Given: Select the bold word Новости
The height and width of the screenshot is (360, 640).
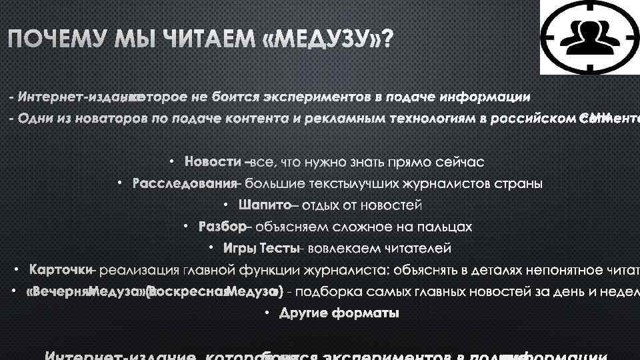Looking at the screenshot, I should pyautogui.click(x=213, y=162).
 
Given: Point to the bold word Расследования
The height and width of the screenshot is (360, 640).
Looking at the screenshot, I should pyautogui.click(x=185, y=183).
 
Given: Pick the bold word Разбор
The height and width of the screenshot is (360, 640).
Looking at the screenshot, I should pyautogui.click(x=223, y=227).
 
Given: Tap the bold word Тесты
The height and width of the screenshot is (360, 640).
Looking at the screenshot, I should pyautogui.click(x=279, y=249).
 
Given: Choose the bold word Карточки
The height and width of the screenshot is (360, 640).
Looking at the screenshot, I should pyautogui.click(x=60, y=270).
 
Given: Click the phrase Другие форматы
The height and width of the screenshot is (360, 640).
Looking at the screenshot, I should pyautogui.click(x=339, y=313).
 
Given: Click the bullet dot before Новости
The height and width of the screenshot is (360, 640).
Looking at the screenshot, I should pyautogui.click(x=171, y=162).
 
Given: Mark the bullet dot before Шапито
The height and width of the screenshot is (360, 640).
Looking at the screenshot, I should pyautogui.click(x=225, y=205).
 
